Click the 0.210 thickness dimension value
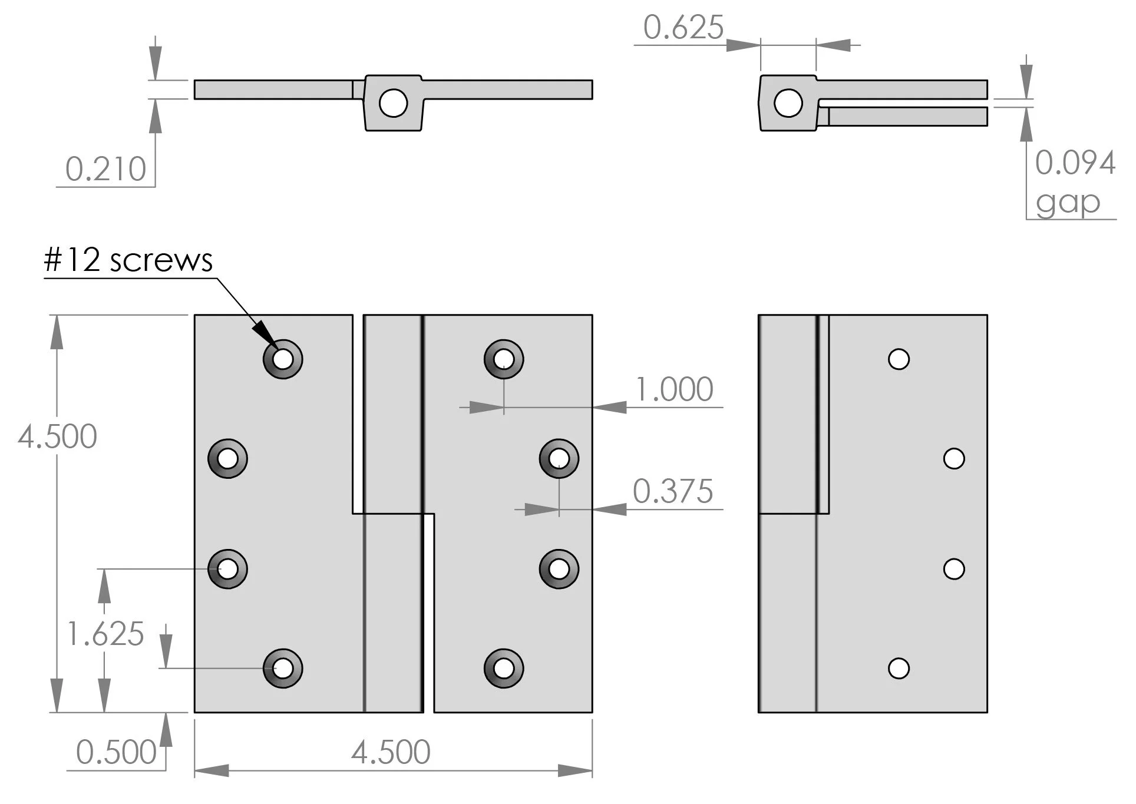coord(105,170)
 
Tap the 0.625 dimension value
coord(683,28)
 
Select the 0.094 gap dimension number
coord(1075,163)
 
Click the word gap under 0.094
coord(1068,203)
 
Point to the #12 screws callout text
coord(128,260)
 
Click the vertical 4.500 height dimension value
coord(57,437)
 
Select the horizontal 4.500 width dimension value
coord(391,753)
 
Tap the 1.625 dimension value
coord(105,634)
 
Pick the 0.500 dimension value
coord(116,753)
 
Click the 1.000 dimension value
coord(674,390)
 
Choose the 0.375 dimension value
coord(673,492)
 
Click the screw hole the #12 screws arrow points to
coord(283,359)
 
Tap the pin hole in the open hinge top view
coord(393,103)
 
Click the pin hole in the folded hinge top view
coord(788,103)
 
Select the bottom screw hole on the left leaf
coord(283,669)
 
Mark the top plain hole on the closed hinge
coord(899,359)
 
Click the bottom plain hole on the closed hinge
coord(899,669)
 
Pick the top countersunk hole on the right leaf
coord(504,359)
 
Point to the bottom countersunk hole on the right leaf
coord(504,669)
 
